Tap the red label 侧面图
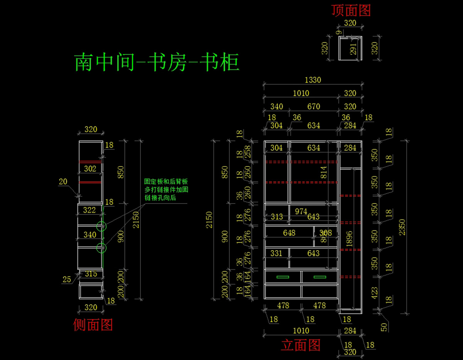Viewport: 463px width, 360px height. tap(93, 325)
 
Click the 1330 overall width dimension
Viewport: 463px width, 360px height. tap(313, 80)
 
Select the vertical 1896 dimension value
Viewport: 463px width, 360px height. tap(349, 239)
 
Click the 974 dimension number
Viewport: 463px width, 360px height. tap(301, 211)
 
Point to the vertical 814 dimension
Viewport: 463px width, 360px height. tap(324, 173)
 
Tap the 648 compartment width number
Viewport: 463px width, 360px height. tap(289, 233)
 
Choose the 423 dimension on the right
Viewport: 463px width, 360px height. tap(374, 293)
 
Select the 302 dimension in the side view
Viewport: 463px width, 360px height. tap(90, 169)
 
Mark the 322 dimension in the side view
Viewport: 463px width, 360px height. tap(90, 210)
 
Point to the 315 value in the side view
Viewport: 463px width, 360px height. tap(91, 274)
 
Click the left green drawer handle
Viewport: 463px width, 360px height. tap(283, 277)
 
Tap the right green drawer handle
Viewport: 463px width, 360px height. tap(320, 277)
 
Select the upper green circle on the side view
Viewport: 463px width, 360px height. tap(101, 227)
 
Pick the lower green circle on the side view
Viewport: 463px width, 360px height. tap(101, 248)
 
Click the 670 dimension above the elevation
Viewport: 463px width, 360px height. tap(313, 106)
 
